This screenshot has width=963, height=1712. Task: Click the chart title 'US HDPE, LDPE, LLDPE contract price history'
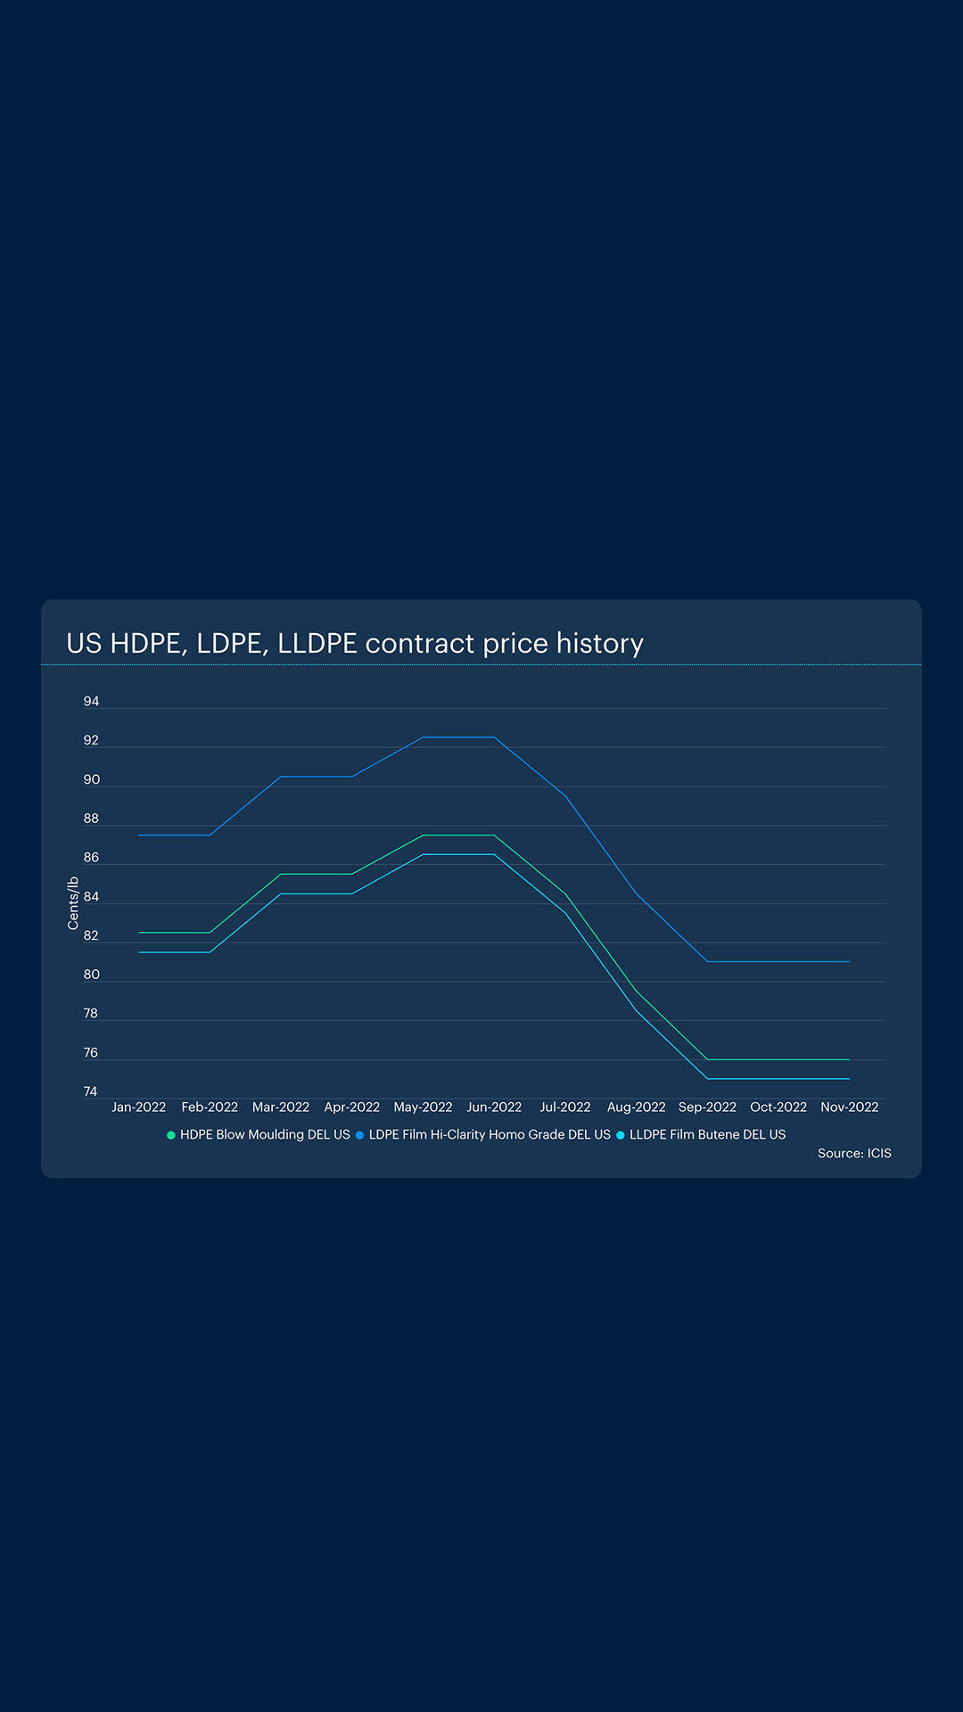(355, 643)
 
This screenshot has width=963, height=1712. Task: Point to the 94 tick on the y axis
(91, 702)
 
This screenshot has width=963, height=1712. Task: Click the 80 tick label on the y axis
(91, 975)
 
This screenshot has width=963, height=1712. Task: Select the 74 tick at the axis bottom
(91, 1091)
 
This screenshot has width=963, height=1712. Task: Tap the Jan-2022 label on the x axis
(138, 1107)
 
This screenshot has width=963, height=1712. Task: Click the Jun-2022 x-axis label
(494, 1107)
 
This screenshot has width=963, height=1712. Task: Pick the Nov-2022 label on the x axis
(849, 1107)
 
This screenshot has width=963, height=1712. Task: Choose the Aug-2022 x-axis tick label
(636, 1107)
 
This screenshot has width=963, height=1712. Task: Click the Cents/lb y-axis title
(73, 903)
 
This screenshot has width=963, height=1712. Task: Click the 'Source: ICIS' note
(854, 1153)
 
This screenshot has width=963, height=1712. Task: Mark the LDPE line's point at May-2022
(423, 737)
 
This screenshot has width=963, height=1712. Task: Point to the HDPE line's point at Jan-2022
(139, 933)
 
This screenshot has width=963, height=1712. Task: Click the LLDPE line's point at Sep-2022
(707, 1079)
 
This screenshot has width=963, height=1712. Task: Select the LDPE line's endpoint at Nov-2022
(849, 962)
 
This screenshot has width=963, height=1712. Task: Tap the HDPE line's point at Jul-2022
(565, 893)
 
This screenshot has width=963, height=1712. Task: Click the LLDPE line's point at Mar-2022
(281, 893)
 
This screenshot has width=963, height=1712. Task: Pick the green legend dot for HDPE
(171, 1135)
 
